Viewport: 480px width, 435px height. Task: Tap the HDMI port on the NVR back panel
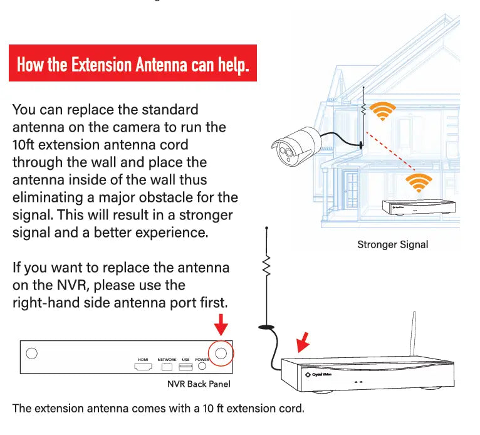(142, 366)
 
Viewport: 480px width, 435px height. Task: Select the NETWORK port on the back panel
(167, 366)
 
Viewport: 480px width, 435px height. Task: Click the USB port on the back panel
(185, 366)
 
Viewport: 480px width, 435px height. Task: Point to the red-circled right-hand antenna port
(221, 354)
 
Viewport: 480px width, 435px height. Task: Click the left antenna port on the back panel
(31, 354)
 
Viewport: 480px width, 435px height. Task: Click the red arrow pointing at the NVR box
(303, 342)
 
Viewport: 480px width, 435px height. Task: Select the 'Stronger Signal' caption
(392, 244)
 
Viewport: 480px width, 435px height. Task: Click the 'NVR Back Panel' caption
(194, 383)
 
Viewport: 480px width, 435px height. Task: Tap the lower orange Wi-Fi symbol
(419, 183)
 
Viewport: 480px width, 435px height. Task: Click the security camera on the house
(295, 144)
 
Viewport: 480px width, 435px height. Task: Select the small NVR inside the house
(419, 207)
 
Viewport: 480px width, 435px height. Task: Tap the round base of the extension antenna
(266, 326)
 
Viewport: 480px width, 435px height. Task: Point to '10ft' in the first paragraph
(26, 145)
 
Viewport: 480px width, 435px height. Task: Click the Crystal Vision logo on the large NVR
(320, 374)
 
